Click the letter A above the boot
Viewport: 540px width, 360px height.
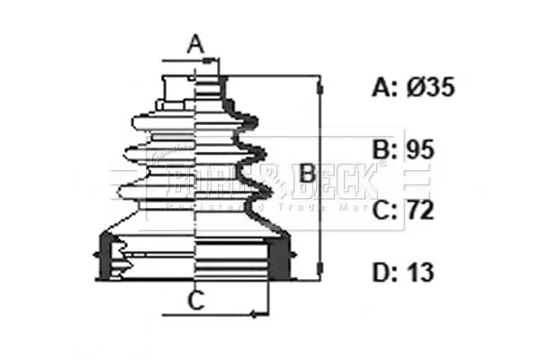point(195,42)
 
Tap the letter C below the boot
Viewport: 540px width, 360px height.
point(195,301)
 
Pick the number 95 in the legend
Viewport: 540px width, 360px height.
point(419,149)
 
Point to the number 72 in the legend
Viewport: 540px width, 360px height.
point(419,211)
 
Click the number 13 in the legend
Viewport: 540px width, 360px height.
point(419,273)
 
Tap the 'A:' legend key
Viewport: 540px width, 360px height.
point(386,87)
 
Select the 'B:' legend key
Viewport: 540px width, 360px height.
point(386,149)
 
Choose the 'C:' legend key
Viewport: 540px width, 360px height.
point(386,211)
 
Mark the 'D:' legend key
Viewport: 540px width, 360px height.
point(386,273)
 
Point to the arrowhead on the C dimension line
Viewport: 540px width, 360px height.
point(256,315)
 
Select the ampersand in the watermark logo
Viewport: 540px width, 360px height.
point(275,182)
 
